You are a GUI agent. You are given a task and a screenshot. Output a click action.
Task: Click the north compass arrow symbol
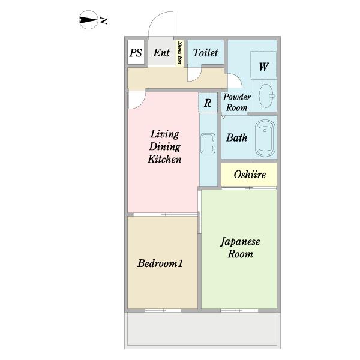tap(88, 22)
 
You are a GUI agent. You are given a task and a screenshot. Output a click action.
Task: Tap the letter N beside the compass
tap(103, 22)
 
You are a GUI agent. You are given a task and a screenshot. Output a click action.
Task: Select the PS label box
tap(136, 53)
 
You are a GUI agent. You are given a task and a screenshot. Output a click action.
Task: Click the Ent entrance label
tap(161, 53)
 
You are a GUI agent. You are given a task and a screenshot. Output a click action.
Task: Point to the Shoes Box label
tap(180, 53)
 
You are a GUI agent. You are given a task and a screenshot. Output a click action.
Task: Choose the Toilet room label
tap(205, 53)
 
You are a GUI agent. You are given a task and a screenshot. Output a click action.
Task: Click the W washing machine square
tap(263, 67)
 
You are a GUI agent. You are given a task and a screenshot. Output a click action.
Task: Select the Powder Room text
tap(236, 102)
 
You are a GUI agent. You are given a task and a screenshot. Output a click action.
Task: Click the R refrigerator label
tap(208, 103)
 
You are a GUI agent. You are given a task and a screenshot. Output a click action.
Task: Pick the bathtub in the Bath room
tap(265, 139)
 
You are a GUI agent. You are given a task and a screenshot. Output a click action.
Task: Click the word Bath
tap(236, 137)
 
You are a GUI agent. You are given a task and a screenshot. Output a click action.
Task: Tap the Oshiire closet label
tap(249, 175)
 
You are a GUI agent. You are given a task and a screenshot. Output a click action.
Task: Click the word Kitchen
tap(164, 160)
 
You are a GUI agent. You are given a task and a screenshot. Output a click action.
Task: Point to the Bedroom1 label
tap(160, 263)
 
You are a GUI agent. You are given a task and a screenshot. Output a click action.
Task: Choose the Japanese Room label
tap(239, 248)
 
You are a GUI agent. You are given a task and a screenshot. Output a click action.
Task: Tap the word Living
tap(164, 134)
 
